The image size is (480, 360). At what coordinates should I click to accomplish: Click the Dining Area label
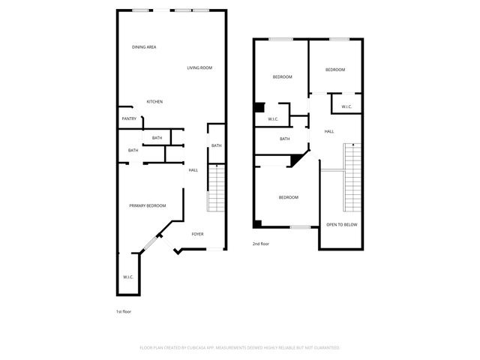[144, 47]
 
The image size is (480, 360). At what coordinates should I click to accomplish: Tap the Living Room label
[199, 68]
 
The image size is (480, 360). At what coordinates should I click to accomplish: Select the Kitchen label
[154, 102]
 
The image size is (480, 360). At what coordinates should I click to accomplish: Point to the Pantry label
[129, 118]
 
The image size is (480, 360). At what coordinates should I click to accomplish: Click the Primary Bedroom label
[147, 206]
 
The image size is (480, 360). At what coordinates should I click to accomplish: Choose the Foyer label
[197, 234]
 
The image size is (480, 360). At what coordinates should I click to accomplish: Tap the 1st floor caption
[123, 311]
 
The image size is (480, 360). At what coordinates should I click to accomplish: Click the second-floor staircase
[352, 175]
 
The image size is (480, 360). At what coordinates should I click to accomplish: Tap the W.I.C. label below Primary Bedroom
[127, 277]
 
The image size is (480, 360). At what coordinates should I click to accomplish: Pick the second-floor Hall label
[329, 132]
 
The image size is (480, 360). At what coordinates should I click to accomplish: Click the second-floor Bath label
[285, 139]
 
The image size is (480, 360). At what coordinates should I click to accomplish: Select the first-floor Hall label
[193, 170]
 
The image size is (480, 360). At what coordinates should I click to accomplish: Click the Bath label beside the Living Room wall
[216, 145]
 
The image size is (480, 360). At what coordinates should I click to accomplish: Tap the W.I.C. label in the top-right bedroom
[346, 107]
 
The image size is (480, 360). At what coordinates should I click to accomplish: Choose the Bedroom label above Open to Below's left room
[289, 197]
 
